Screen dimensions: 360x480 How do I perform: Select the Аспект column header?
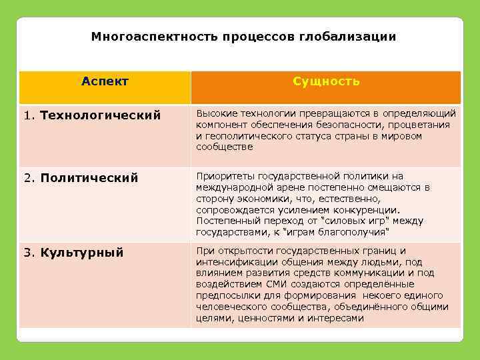(105, 81)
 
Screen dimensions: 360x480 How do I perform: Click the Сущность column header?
(326, 81)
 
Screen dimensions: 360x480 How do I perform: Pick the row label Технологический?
(101, 115)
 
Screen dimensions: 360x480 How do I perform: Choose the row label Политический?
(89, 178)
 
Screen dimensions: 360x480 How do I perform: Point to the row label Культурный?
(82, 253)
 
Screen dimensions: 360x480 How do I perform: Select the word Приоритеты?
(223, 176)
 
